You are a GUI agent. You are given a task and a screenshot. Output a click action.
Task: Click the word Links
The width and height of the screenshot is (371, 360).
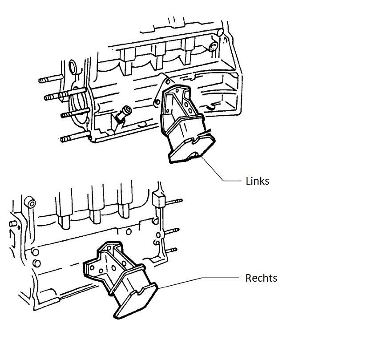pos(258,181)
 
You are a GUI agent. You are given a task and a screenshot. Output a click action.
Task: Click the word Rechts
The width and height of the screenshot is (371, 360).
pos(261,278)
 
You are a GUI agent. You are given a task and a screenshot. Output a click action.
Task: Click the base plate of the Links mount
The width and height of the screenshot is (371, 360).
pos(192,148)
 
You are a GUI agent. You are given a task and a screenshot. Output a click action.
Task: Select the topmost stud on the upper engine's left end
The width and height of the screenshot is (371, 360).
pos(50,79)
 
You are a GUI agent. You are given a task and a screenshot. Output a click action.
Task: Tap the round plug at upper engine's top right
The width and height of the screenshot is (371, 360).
pos(214,47)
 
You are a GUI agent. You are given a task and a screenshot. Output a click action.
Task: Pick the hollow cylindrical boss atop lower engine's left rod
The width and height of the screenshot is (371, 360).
pos(30,202)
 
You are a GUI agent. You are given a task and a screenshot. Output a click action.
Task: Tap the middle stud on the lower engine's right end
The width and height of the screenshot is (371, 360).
pos(172,231)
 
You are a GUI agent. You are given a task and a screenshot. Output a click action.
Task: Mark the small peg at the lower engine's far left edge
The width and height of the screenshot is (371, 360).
pos(13,224)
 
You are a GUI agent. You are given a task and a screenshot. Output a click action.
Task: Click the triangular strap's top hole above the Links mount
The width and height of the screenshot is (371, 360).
pos(168,82)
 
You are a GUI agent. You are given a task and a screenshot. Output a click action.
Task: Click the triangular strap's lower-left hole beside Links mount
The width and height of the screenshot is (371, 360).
pos(157,102)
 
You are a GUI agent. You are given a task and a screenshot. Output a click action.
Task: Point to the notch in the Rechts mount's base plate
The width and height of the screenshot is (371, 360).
pos(141,291)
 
